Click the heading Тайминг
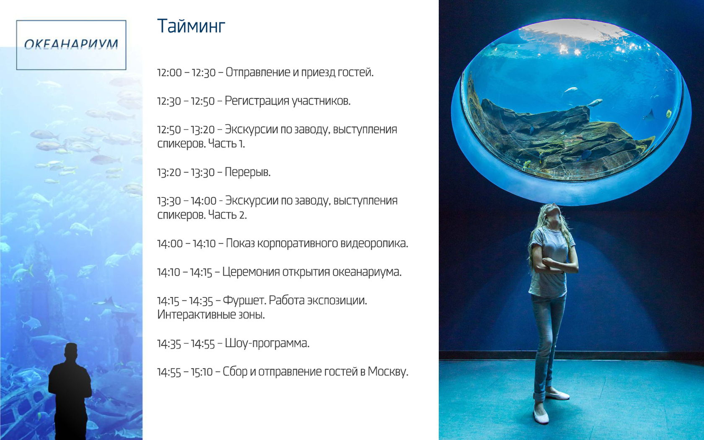tap(191, 26)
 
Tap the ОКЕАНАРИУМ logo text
tap(71, 44)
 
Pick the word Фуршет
tap(244, 301)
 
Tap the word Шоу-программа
tap(267, 344)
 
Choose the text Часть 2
tap(227, 215)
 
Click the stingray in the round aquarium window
tap(648, 115)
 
